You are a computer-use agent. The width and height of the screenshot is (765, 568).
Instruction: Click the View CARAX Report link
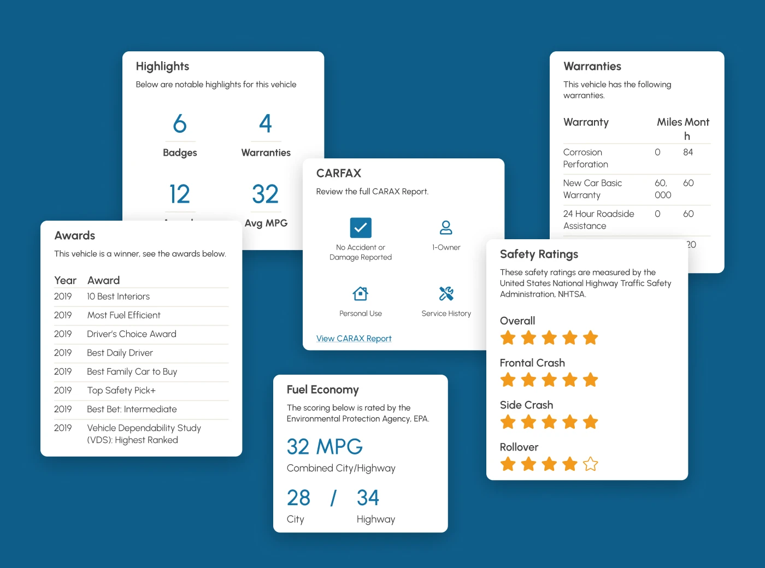[x=354, y=339]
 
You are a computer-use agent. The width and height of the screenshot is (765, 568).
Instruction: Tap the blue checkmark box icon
[x=361, y=228]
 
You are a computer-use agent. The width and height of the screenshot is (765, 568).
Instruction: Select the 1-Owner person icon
[x=446, y=227]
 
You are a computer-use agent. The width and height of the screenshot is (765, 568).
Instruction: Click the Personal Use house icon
[x=360, y=294]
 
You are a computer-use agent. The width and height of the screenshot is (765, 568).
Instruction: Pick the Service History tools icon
[x=446, y=294]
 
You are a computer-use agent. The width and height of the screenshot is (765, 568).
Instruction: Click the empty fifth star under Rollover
[x=590, y=464]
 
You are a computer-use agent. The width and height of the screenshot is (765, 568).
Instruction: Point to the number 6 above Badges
[x=180, y=123]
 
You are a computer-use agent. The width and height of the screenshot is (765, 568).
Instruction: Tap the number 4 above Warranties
[x=266, y=123]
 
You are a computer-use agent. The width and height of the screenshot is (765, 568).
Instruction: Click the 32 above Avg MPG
[x=266, y=194]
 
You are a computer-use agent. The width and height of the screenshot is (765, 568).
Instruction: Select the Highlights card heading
[x=162, y=67]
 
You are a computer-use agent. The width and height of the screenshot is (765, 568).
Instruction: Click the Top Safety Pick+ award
[x=121, y=390]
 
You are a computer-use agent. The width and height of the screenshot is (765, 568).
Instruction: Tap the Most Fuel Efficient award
[x=123, y=315]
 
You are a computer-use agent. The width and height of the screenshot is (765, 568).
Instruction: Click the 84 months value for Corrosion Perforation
[x=688, y=152]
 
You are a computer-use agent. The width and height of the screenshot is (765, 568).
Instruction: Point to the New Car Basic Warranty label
[x=592, y=189]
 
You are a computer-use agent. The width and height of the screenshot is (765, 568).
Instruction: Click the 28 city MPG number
[x=298, y=498]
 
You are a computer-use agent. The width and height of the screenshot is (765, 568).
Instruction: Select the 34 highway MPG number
[x=368, y=498]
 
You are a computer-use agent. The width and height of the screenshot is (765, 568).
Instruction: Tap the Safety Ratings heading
[x=539, y=255]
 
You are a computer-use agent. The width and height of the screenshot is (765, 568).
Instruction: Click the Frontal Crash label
[x=532, y=363]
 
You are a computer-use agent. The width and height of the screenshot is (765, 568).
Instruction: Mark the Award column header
[x=103, y=281]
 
